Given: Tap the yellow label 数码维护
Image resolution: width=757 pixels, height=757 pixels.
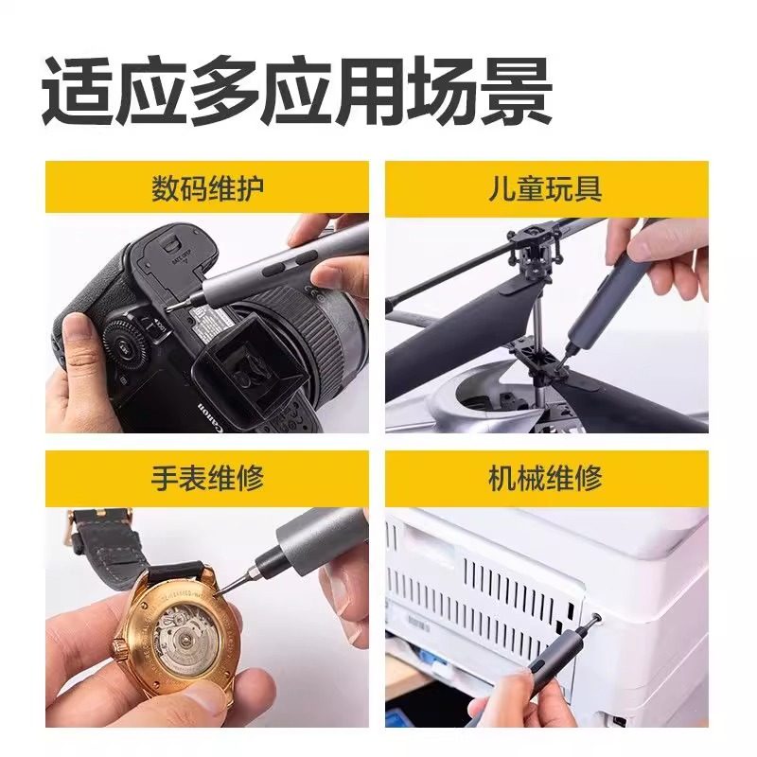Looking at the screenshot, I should click(207, 188).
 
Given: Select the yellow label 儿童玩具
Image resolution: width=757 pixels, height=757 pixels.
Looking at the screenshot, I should click(546, 188).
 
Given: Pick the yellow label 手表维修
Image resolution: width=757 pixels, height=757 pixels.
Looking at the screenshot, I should click(207, 478).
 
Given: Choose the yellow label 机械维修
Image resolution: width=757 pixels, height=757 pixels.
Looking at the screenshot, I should click(546, 478).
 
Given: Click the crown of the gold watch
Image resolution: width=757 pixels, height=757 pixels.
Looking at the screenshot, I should click(121, 649).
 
